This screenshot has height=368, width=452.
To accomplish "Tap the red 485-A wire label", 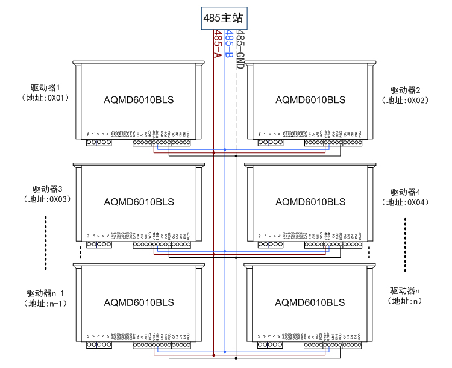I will pos(218,45).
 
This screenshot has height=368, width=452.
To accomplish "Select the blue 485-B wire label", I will pos(228,45).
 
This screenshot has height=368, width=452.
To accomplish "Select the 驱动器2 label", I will pos(405,90).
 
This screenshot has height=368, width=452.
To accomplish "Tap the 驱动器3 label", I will pos(48,189).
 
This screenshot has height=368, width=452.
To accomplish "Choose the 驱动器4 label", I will pos(405,192).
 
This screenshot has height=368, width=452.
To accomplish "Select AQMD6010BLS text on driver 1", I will pos(139,99).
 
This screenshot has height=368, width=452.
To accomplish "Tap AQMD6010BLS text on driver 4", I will pos(310,201).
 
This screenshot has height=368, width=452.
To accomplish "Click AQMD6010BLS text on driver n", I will pos(310,302).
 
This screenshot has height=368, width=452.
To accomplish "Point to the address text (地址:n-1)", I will pos(44,304).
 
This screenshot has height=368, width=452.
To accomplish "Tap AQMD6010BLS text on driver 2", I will pos(310,99).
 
